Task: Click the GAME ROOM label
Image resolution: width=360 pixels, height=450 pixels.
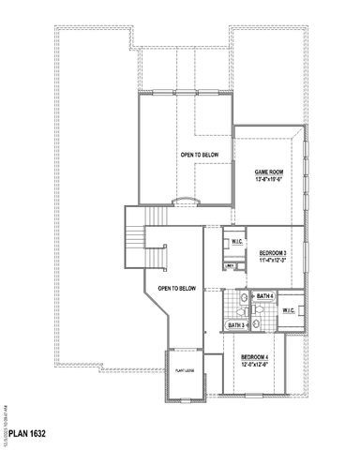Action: [x=269, y=172]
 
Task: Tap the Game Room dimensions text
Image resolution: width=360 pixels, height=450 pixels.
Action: [x=269, y=181]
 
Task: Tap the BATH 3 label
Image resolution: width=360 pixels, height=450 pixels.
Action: [x=236, y=325]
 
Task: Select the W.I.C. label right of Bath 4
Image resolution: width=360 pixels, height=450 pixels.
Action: [x=288, y=309]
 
